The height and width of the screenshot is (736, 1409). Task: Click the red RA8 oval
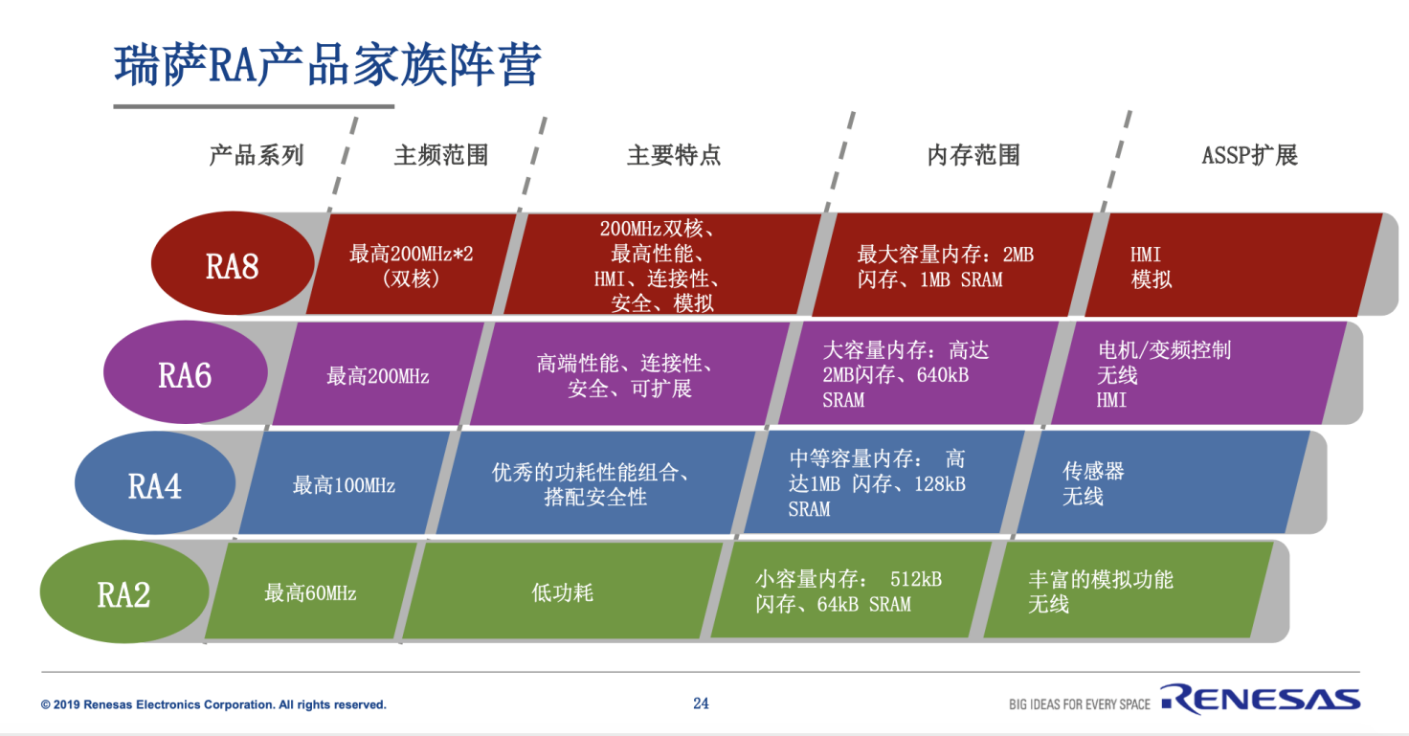click(x=233, y=265)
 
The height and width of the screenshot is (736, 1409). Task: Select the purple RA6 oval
click(x=185, y=374)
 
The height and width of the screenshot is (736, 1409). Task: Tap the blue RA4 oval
click(x=155, y=484)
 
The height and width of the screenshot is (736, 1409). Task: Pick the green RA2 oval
click(x=124, y=594)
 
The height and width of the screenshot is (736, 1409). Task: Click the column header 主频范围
click(x=440, y=155)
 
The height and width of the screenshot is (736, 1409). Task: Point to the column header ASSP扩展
click(x=1249, y=155)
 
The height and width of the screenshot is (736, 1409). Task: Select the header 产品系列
click(x=256, y=155)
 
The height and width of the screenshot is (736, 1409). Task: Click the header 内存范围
click(x=973, y=155)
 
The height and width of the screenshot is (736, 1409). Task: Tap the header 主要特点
click(x=673, y=155)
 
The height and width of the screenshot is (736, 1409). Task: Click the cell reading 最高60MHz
click(x=310, y=593)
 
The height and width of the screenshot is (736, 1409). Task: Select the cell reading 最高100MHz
click(x=344, y=485)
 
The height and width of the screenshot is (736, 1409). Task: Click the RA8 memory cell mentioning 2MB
click(x=946, y=267)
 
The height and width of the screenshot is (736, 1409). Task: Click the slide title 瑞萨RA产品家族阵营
click(x=328, y=65)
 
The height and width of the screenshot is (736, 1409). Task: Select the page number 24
click(x=701, y=703)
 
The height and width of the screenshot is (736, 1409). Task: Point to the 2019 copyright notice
click(x=213, y=705)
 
